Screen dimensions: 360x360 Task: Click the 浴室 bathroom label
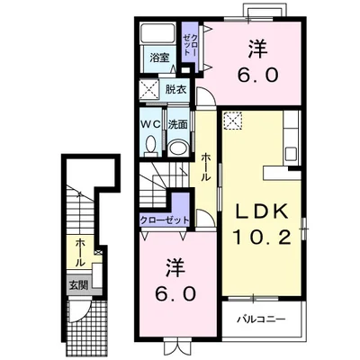[x=159, y=58]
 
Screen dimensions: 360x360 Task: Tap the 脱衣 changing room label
[x=176, y=89]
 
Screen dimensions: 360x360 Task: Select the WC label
[x=151, y=124]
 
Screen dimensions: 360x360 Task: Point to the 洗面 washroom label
[x=178, y=124]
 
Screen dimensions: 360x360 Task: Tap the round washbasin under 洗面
[x=178, y=148]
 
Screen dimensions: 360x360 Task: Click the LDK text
[x=261, y=212]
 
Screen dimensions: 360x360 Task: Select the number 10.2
[x=262, y=237]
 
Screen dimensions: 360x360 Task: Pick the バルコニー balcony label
[x=261, y=319]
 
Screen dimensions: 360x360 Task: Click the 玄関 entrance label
[x=78, y=285]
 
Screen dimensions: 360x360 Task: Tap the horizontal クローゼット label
[x=165, y=220]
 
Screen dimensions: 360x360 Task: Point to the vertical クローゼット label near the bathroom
[x=190, y=45]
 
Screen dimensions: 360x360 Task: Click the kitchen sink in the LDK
[x=291, y=154]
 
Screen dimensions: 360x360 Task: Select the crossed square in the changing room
[x=148, y=89]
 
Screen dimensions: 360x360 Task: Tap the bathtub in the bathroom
[x=158, y=32]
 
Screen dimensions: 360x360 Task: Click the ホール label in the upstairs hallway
[x=205, y=166]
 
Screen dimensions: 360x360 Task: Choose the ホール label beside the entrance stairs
[x=79, y=253]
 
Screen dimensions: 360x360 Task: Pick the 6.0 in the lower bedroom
[x=175, y=293]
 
